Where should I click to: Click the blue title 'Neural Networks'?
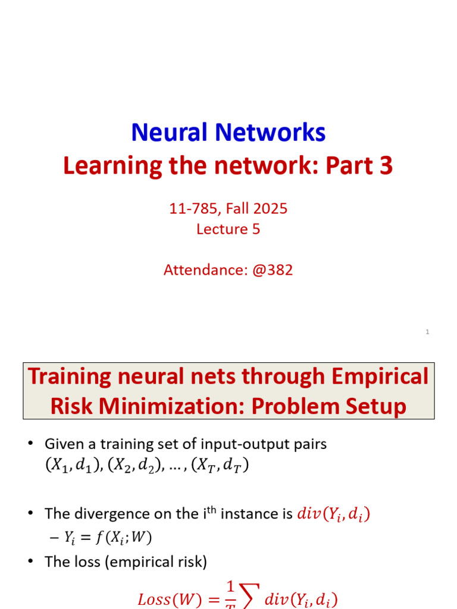(228, 132)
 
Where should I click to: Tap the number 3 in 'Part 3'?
(386, 167)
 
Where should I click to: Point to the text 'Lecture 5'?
(228, 229)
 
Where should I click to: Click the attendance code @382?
(273, 270)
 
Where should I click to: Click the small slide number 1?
(427, 332)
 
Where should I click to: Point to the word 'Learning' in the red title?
(113, 167)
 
